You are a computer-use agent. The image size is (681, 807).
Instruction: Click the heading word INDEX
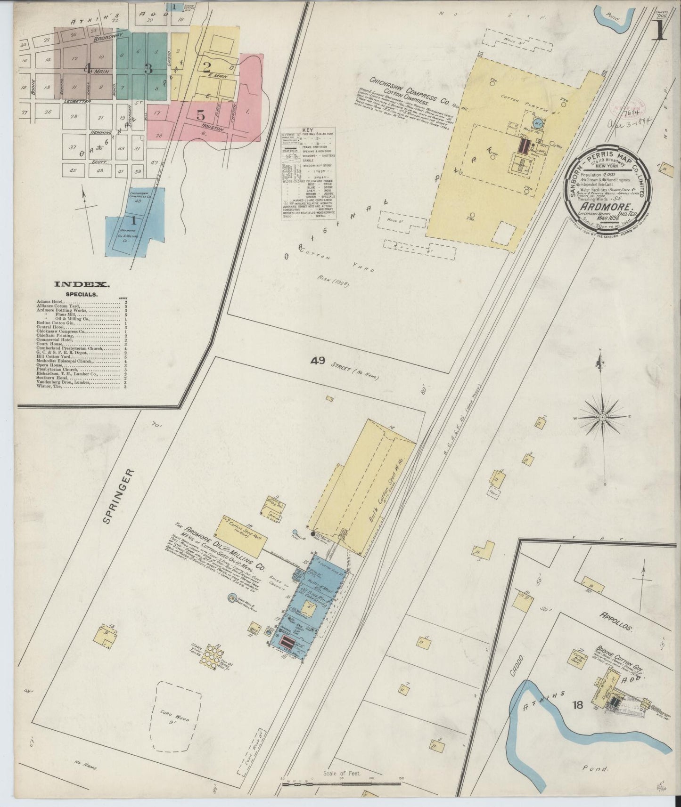pyautogui.click(x=82, y=284)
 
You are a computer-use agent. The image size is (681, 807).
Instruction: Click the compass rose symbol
pyautogui.click(x=603, y=418)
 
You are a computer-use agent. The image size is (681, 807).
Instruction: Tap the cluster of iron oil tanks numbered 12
pyautogui.click(x=211, y=655)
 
